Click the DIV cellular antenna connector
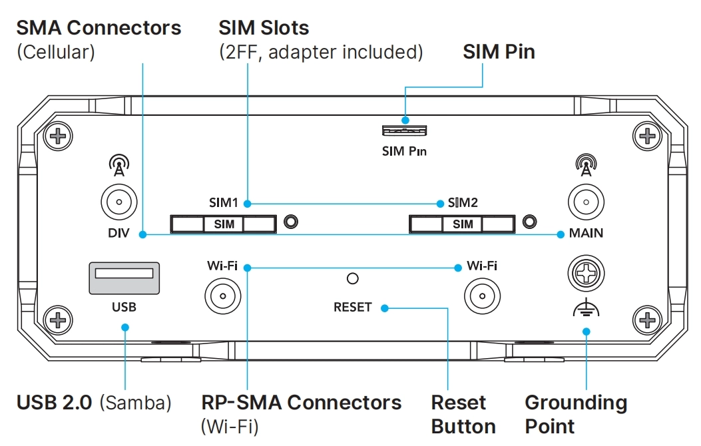point(118,202)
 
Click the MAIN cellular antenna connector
point(586,202)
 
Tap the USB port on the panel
point(124,278)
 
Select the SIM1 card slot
point(224,224)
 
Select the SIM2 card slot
point(463,224)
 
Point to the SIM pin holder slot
point(404,130)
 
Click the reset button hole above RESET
point(354,278)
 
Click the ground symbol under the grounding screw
point(586,309)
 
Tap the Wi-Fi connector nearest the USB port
point(222,295)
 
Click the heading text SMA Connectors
point(99,28)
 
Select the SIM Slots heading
point(264,28)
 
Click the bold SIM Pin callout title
point(499,52)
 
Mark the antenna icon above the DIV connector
point(118,166)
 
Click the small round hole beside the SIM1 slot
point(291,222)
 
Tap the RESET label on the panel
point(353,308)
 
